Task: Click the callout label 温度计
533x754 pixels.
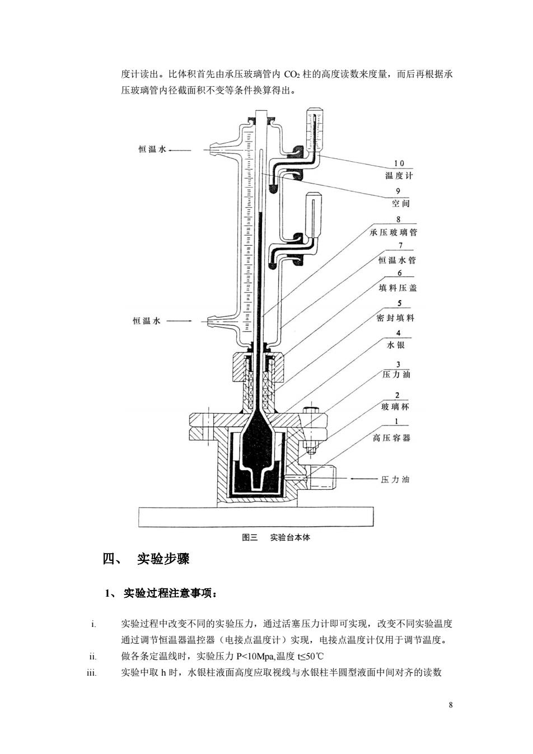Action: coord(399,175)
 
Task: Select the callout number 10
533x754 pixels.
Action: coord(399,163)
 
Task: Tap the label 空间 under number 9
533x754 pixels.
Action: coord(401,203)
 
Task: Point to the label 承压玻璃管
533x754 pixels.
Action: coord(393,232)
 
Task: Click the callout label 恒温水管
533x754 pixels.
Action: coord(398,260)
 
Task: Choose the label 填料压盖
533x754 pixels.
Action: coord(398,288)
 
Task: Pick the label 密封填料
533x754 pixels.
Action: coord(395,318)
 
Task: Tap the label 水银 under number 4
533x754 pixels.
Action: coord(396,345)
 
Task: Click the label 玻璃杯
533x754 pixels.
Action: coord(395,407)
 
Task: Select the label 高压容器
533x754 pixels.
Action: coord(391,438)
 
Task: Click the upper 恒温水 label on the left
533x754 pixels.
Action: coord(152,149)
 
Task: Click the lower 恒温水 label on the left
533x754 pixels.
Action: coord(147,321)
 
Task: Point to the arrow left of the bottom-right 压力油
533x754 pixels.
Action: coord(364,479)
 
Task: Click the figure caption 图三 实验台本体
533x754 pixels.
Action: coord(276,537)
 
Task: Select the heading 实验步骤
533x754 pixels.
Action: coord(163,559)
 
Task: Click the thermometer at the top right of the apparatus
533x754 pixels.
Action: coord(315,132)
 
